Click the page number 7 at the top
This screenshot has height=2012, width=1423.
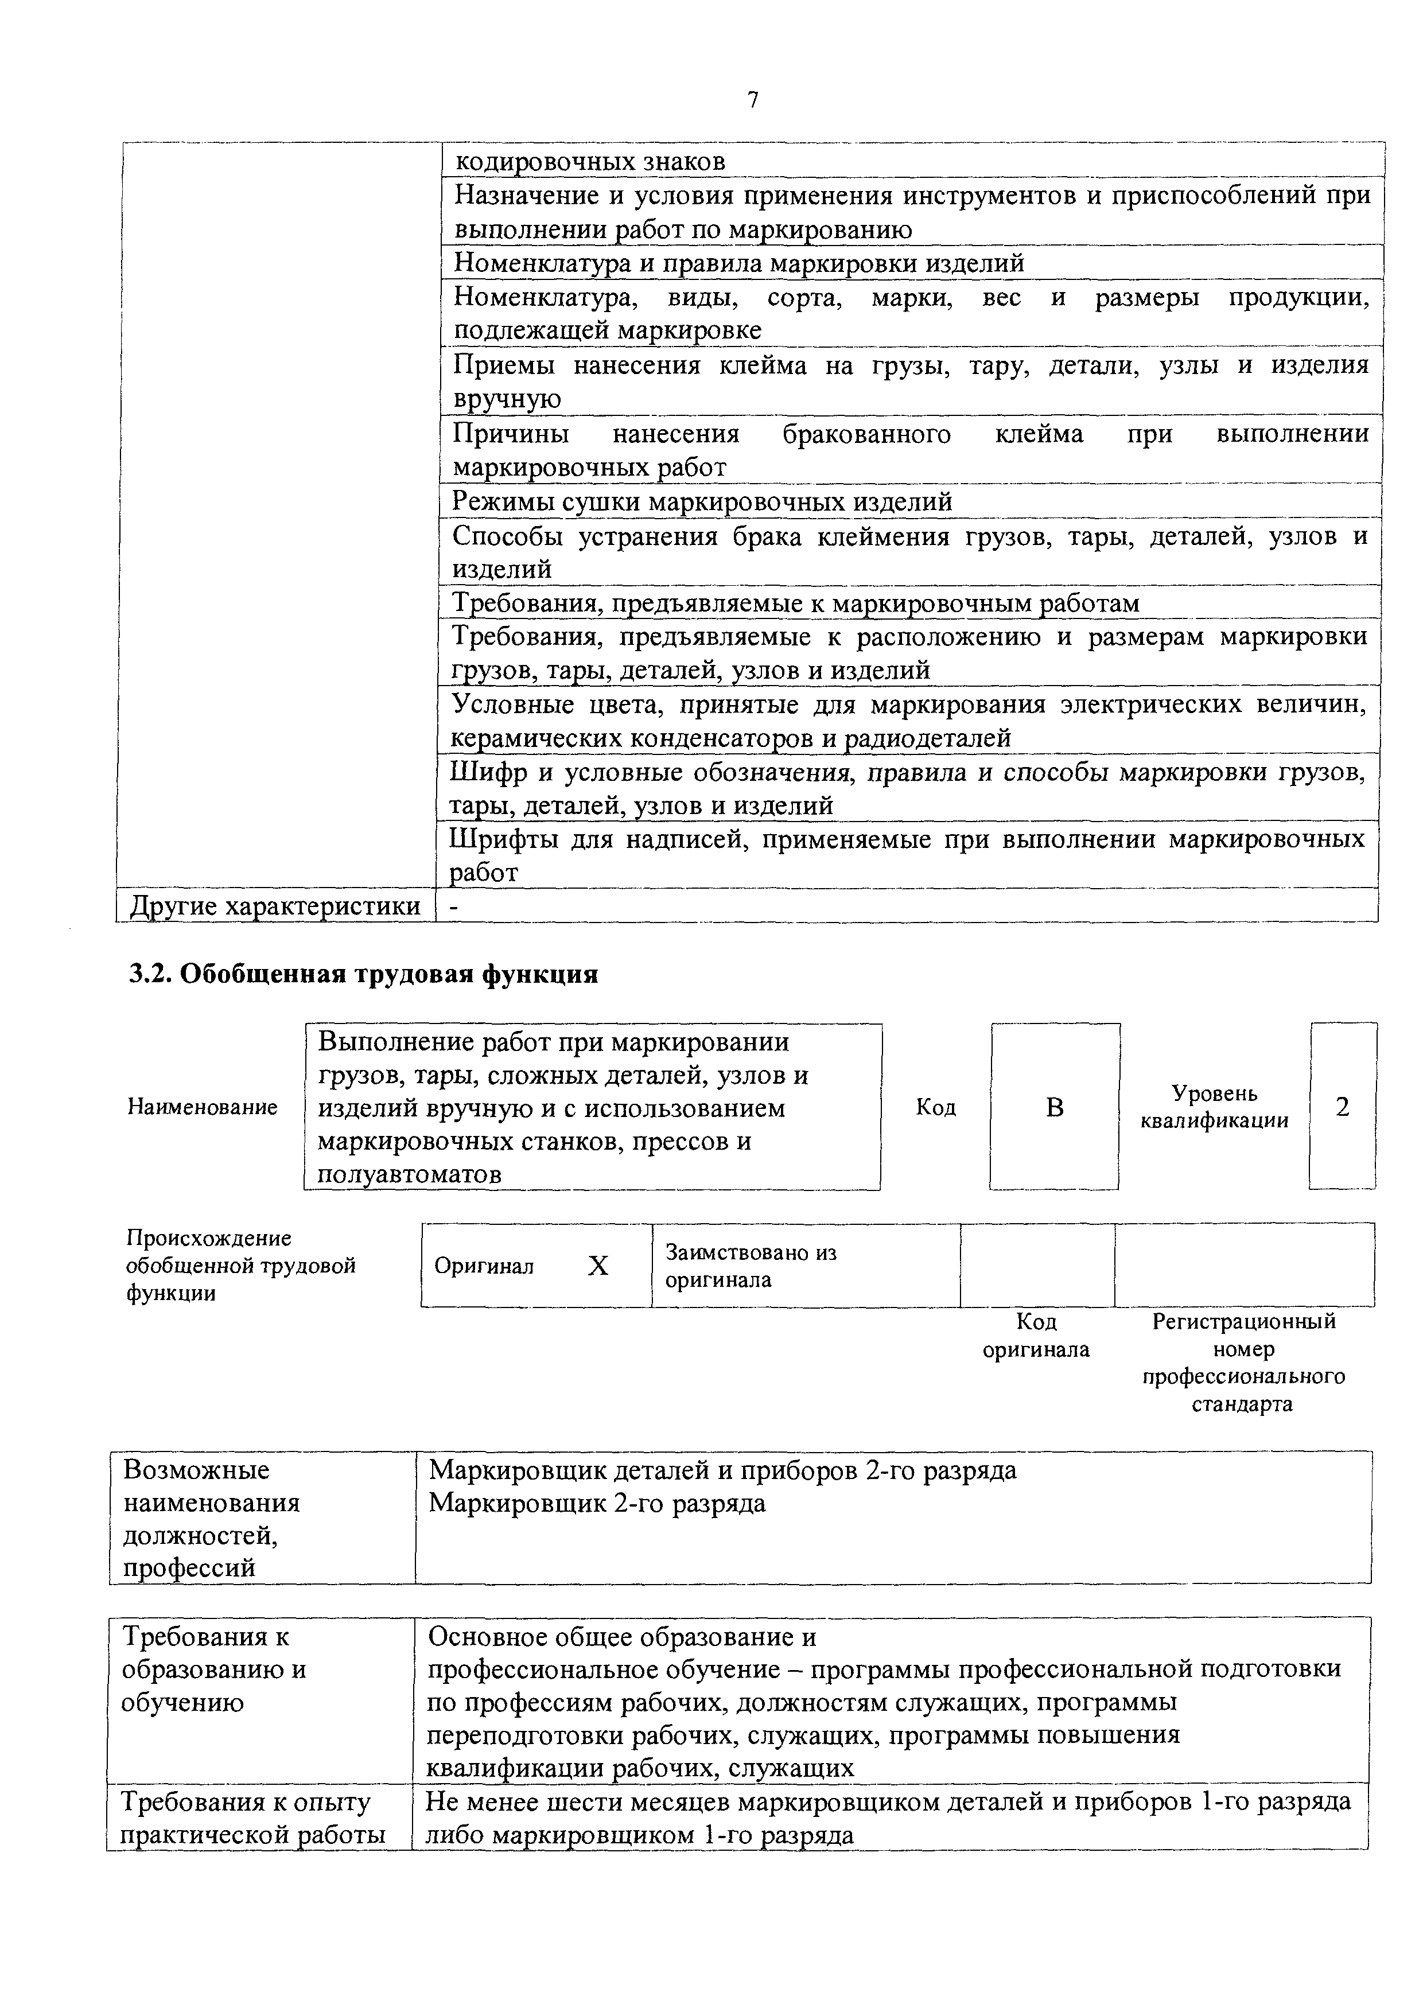coord(752,101)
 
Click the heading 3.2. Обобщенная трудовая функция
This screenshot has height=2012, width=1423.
coord(364,975)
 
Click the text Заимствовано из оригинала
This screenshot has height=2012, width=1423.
coord(751,1266)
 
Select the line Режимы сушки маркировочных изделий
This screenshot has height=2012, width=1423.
coord(702,502)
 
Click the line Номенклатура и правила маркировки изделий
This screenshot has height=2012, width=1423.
coord(738,263)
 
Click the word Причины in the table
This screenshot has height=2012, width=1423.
coord(510,435)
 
